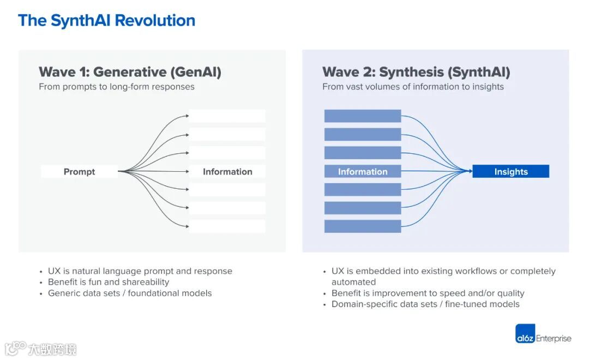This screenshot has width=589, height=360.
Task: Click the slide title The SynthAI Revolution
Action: click(106, 21)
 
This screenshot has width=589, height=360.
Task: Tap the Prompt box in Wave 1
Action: click(79, 172)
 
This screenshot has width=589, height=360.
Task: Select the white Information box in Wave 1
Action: click(227, 172)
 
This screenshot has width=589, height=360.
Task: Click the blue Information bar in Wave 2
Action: click(363, 172)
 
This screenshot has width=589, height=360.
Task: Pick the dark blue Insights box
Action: click(511, 172)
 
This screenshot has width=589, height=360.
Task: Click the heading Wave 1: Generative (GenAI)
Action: click(130, 72)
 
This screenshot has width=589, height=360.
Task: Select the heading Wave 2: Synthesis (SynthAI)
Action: click(416, 72)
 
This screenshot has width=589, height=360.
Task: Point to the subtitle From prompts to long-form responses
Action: click(117, 87)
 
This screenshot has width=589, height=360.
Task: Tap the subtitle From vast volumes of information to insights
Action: click(413, 87)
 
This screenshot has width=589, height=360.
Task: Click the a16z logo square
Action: click(525, 334)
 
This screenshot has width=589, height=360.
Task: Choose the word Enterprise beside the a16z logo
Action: click(554, 338)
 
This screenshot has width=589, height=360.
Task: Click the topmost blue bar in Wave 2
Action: click(363, 116)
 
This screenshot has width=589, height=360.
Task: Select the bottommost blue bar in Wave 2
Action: click(363, 226)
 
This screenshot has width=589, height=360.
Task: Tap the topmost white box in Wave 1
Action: click(227, 116)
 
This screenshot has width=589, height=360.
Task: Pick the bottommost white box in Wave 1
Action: click(227, 226)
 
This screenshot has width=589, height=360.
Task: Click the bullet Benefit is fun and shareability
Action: click(109, 282)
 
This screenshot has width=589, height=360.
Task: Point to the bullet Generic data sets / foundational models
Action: click(130, 293)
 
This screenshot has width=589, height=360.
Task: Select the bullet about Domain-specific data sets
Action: click(425, 304)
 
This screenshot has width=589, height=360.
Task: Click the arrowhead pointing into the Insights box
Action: click(470, 172)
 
